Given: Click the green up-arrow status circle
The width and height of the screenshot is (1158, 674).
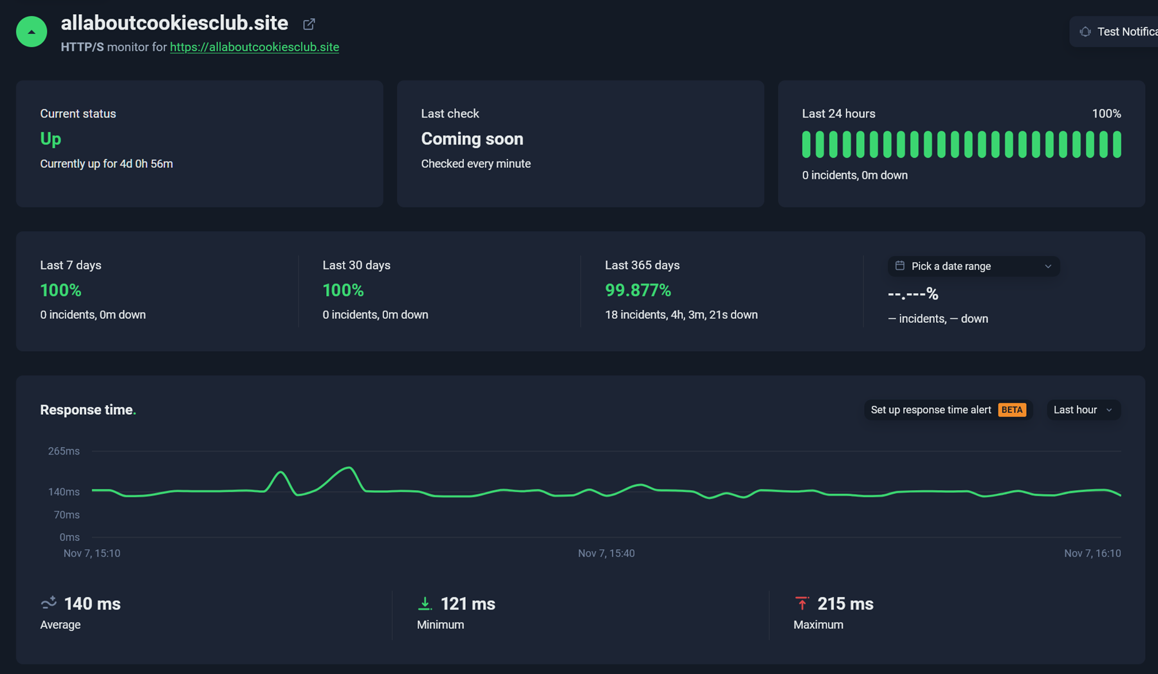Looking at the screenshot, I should click(32, 32).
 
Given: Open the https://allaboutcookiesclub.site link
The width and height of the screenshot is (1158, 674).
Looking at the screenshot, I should click(254, 47).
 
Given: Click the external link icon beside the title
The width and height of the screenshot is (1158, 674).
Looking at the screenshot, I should click(309, 24).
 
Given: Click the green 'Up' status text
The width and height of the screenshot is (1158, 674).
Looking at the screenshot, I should click(51, 139).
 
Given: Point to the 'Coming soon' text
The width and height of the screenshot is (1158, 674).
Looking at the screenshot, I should click(472, 139).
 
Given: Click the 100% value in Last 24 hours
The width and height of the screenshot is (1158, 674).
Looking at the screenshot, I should click(1106, 114).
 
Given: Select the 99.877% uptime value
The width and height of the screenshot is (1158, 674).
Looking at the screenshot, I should click(638, 291).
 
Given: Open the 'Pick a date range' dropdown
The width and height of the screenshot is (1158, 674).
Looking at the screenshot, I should click(973, 266).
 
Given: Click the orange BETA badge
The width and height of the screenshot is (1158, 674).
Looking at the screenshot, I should click(1011, 410).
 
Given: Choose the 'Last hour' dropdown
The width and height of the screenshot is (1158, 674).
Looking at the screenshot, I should click(1083, 410).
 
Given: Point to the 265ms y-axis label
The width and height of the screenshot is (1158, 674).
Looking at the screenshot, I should click(64, 451).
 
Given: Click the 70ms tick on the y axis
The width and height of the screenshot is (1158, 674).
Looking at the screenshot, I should click(66, 515).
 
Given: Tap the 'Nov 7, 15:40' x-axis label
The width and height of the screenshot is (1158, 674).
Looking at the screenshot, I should click(606, 553).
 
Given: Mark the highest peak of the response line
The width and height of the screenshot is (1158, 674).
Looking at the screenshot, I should click(349, 468).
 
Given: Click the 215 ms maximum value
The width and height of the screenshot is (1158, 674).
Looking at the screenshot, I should click(845, 604).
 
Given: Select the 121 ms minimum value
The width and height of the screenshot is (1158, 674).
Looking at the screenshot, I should click(468, 604).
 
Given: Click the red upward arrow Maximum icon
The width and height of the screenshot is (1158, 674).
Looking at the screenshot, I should click(802, 603).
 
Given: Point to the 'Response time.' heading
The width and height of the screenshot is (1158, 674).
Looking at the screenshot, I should click(87, 410).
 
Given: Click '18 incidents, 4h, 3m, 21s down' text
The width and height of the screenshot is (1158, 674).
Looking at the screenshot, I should click(681, 314).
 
